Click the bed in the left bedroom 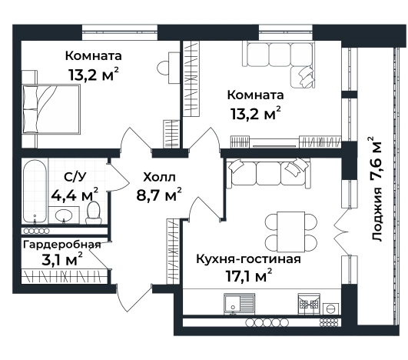[51, 102]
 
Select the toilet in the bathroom [94, 211]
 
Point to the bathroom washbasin [64, 217]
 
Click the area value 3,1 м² [61, 261]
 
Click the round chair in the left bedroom [165, 68]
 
